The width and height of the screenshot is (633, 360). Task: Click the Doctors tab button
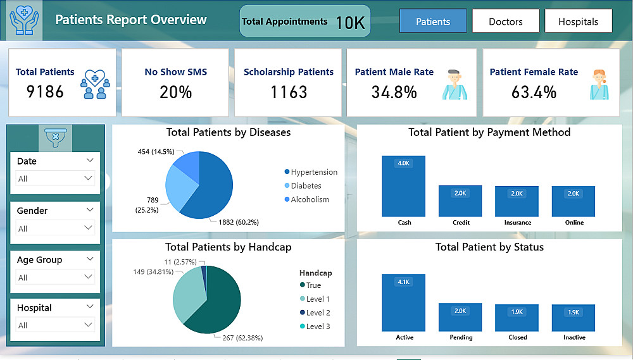[505, 22]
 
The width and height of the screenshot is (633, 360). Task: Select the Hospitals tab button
[578, 22]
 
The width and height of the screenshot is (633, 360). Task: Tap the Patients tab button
[433, 22]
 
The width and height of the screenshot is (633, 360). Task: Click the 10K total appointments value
[350, 23]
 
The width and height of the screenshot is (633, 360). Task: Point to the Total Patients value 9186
[45, 92]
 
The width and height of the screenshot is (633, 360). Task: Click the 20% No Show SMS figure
[175, 92]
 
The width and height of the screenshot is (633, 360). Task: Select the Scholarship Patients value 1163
[289, 92]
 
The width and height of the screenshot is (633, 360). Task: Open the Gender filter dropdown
[56, 228]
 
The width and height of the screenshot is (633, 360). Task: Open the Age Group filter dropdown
[56, 278]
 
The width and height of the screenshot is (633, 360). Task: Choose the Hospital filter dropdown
[56, 325]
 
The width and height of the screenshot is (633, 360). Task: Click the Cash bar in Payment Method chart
[404, 186]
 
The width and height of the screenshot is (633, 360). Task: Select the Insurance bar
[517, 201]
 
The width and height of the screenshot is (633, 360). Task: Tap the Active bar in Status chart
[404, 302]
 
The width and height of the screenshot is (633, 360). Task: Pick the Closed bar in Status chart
[517, 318]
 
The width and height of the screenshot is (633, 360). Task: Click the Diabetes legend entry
[306, 186]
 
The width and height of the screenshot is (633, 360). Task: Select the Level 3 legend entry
[318, 326]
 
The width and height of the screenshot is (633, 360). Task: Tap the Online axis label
[574, 223]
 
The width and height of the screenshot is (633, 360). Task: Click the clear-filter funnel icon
[56, 136]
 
